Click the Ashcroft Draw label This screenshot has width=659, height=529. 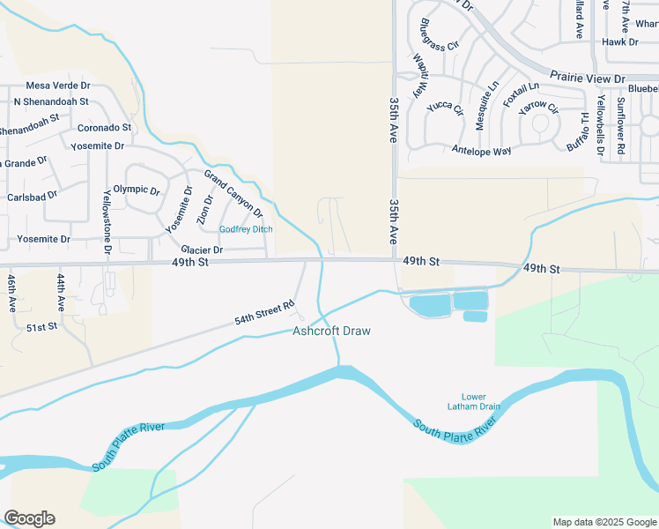(331, 332)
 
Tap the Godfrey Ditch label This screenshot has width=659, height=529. (246, 229)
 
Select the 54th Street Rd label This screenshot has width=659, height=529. (263, 313)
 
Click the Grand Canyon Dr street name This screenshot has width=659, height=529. (233, 194)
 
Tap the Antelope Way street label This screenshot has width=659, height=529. (481, 151)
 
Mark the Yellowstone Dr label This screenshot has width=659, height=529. (107, 221)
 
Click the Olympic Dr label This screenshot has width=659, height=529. (137, 190)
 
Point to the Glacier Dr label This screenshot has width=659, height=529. (202, 250)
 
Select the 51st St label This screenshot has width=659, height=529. (41, 327)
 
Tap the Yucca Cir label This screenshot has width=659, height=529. (445, 108)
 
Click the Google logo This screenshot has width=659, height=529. (29, 518)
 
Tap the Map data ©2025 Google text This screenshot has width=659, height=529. (603, 522)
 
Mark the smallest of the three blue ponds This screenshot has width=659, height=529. (475, 317)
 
